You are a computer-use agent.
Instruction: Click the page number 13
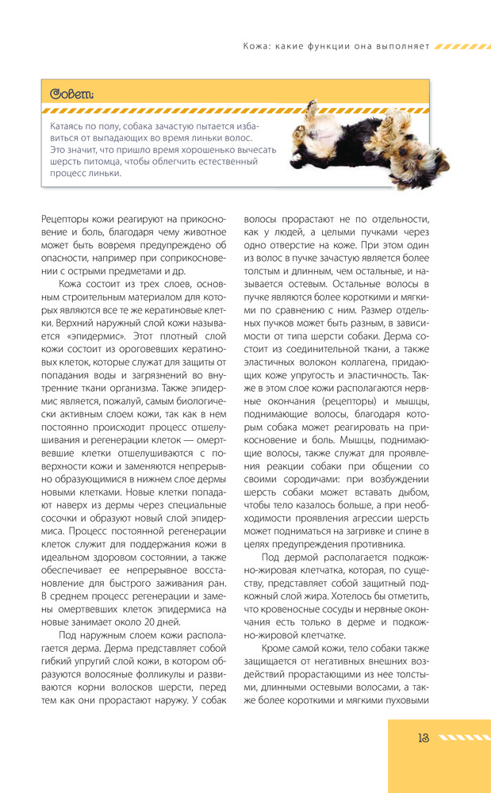(423, 737)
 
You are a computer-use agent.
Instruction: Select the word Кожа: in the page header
(259, 47)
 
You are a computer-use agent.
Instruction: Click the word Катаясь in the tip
(69, 125)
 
